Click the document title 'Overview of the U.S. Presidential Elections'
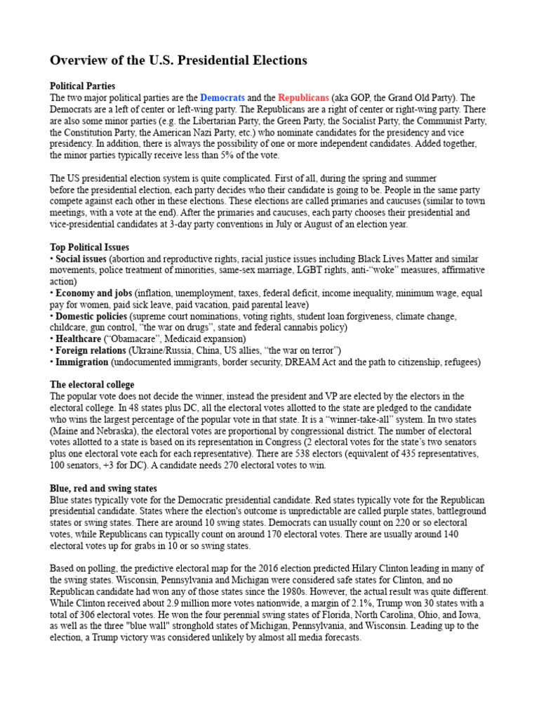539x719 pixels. (x=178, y=60)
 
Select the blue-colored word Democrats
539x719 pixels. (x=222, y=98)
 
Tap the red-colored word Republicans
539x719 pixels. (x=303, y=98)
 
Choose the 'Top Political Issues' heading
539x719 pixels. (x=89, y=247)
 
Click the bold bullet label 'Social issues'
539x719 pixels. (x=81, y=259)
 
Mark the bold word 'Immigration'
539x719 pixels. (x=82, y=362)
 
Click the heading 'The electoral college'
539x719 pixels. (x=92, y=385)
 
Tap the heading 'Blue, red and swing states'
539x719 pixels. (x=103, y=488)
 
